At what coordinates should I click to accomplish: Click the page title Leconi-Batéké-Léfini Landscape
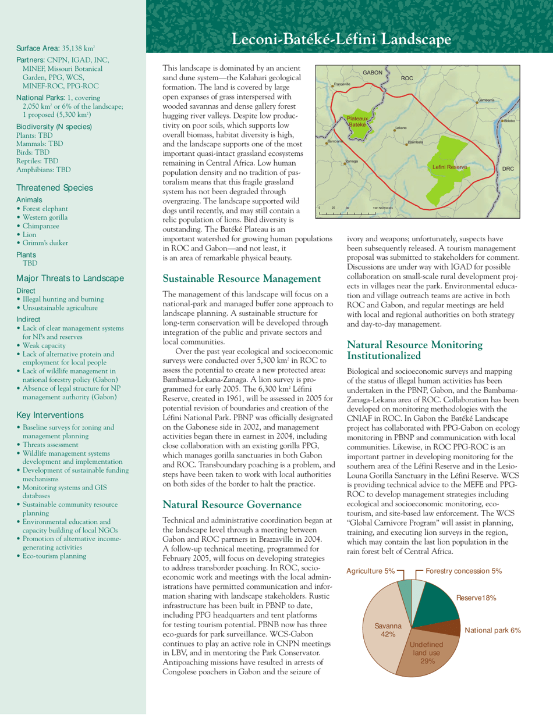click(341, 40)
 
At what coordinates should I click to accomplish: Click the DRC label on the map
click(508, 169)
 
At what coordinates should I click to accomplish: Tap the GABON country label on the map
click(373, 73)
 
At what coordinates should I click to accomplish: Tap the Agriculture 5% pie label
click(370, 571)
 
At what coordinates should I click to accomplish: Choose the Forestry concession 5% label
click(463, 571)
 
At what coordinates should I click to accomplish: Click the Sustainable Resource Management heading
click(242, 279)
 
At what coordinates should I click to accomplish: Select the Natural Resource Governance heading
click(232, 505)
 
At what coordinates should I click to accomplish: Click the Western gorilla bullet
click(45, 217)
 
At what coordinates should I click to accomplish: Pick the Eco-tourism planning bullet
click(54, 556)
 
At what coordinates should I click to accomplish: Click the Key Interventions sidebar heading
click(50, 415)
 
